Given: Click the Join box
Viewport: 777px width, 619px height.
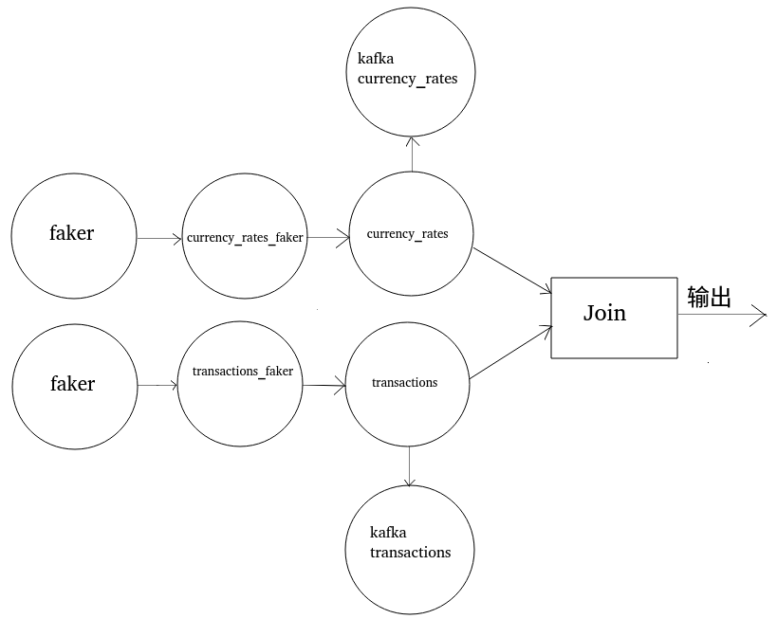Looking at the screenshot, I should (615, 318).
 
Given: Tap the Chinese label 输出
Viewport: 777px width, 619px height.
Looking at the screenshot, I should (710, 298).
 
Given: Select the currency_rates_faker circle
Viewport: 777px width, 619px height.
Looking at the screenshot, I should (245, 237).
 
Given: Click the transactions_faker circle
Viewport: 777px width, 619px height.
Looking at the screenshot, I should (241, 384).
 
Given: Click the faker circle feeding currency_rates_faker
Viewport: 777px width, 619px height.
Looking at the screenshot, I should (73, 233).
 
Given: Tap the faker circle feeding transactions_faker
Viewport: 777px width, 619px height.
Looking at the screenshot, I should (73, 384).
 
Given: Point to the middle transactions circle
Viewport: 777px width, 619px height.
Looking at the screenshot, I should (408, 383).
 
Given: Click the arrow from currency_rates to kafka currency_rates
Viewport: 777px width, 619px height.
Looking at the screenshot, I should (411, 154).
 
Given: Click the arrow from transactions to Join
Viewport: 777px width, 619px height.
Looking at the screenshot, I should (510, 354).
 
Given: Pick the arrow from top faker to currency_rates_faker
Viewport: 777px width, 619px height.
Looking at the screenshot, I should (158, 239).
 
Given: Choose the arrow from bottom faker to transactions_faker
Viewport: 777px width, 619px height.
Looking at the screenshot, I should (157, 386).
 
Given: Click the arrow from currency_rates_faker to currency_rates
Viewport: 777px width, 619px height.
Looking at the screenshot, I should (327, 239).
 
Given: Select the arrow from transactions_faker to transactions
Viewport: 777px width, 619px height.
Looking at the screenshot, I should (324, 386).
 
